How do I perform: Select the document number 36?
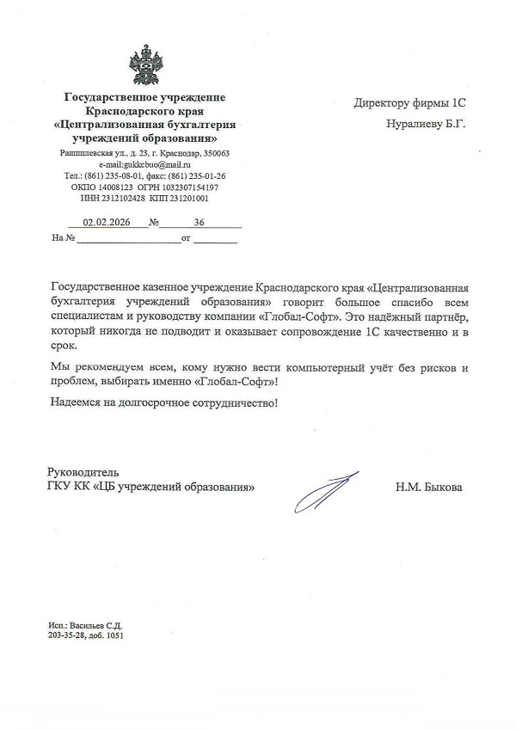click(200, 222)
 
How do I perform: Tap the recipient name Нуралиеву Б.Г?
click(426, 124)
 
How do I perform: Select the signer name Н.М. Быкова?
click(428, 488)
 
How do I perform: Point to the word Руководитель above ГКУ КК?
click(83, 472)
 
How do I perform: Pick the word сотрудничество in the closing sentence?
click(234, 402)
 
